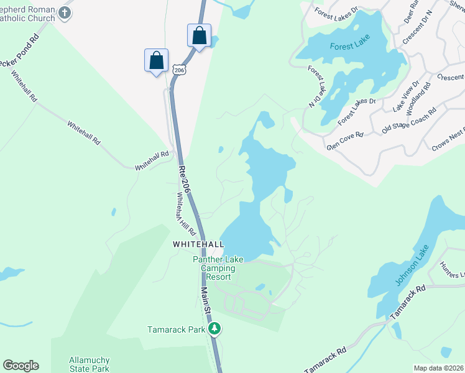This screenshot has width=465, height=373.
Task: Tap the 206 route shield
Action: click(x=179, y=70)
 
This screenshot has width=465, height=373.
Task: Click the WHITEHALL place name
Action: click(x=198, y=245)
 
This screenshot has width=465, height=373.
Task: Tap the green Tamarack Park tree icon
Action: click(x=214, y=328)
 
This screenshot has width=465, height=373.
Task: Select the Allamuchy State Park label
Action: click(x=89, y=364)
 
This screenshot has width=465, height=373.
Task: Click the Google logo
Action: click(x=21, y=366)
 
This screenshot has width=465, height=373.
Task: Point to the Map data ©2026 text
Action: click(x=438, y=368)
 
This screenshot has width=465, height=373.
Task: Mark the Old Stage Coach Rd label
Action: click(x=409, y=120)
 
